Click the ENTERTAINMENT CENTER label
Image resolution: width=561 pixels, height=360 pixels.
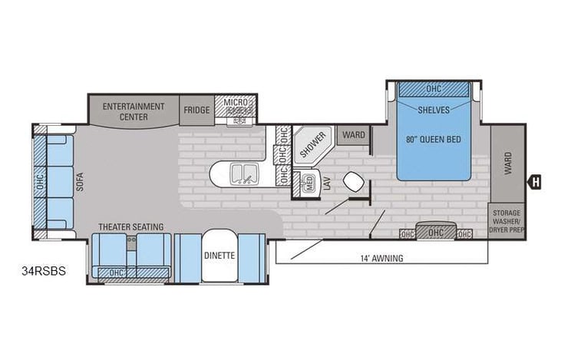(x=134, y=111)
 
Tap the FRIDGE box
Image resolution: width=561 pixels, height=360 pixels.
(x=196, y=110)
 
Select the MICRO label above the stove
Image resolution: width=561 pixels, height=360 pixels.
(x=235, y=103)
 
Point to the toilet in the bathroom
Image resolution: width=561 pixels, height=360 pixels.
(x=355, y=182)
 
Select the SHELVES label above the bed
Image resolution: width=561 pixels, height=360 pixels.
(x=434, y=109)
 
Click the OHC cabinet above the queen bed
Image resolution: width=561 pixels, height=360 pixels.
(x=434, y=89)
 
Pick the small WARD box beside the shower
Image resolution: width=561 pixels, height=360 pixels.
(x=354, y=135)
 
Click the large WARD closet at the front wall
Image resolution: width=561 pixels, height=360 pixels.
(x=508, y=163)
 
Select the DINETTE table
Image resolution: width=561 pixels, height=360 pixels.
(x=219, y=255)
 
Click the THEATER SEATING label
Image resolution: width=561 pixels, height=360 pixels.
(x=130, y=226)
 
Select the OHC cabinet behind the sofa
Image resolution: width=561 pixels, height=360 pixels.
(x=39, y=181)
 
